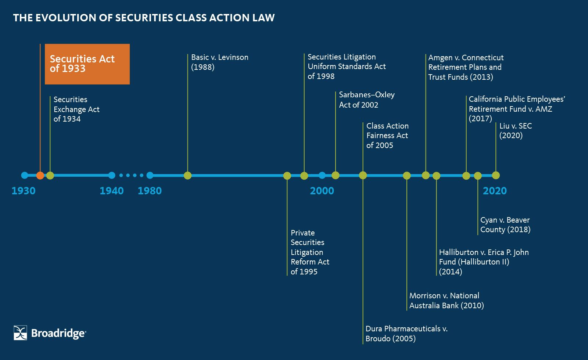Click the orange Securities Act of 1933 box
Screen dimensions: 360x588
[87, 64]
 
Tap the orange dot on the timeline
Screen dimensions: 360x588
[40, 175]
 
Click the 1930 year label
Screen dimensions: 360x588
[24, 191]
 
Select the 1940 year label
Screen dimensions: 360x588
[112, 191]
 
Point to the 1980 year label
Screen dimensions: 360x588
[150, 191]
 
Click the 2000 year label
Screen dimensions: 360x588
[322, 191]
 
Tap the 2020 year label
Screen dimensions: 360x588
[495, 191]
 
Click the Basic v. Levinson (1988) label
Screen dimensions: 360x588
[219, 62]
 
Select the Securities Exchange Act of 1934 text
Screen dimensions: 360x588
[76, 109]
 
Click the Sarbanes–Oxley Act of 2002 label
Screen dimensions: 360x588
[366, 100]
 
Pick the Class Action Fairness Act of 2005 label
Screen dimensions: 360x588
[387, 136]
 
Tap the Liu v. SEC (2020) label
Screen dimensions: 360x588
[515, 130]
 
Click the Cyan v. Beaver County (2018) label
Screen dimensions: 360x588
[505, 224]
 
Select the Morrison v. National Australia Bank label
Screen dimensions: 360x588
[446, 300]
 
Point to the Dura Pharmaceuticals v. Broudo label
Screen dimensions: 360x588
[406, 334]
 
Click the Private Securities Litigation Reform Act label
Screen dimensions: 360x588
[309, 252]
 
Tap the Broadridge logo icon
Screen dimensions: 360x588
[20, 333]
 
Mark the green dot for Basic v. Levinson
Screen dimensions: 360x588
[187, 175]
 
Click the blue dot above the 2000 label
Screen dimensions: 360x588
[322, 175]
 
